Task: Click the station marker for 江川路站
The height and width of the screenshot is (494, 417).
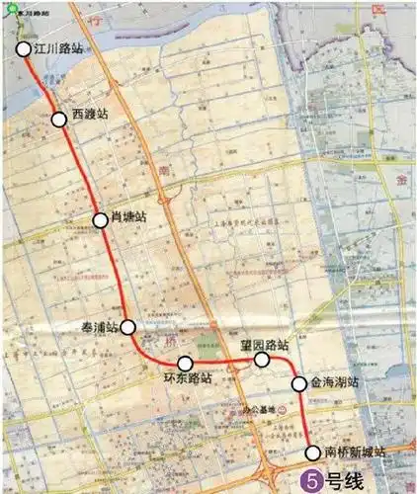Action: (23, 47)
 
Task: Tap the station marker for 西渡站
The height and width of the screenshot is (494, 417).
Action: (59, 119)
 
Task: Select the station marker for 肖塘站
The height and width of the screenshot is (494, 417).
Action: (101, 219)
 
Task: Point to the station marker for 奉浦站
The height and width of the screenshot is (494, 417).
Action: (127, 327)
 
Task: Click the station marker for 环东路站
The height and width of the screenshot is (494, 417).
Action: (185, 364)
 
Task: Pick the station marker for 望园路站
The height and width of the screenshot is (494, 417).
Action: (262, 361)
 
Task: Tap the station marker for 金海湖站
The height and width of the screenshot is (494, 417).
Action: (298, 382)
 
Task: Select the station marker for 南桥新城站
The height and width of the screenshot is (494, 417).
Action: (314, 453)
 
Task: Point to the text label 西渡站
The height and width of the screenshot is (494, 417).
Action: (90, 114)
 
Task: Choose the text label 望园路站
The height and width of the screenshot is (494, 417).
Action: (264, 345)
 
